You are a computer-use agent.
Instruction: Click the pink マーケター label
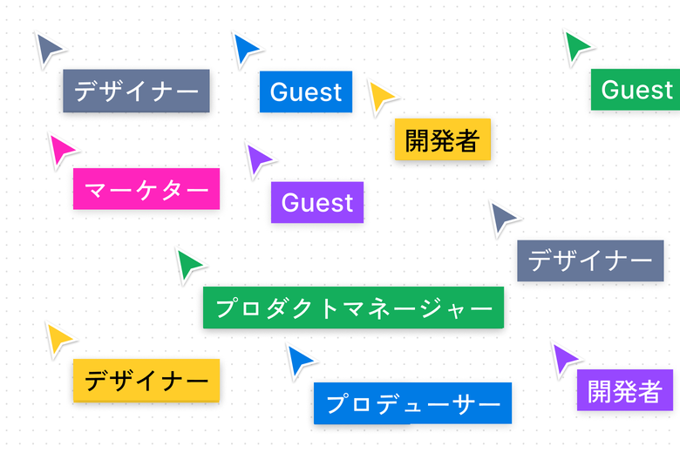click(x=146, y=189)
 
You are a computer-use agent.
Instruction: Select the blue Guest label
click(x=306, y=91)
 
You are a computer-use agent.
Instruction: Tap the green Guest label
click(x=636, y=90)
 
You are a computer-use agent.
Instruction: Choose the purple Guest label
click(x=317, y=202)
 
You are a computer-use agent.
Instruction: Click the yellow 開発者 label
click(x=443, y=139)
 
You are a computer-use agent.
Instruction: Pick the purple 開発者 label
click(x=624, y=390)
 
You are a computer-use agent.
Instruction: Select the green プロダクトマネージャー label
click(x=353, y=308)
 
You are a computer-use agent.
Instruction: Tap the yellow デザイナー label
click(x=146, y=380)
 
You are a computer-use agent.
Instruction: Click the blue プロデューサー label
click(x=412, y=403)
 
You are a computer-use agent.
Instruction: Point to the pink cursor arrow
click(x=61, y=150)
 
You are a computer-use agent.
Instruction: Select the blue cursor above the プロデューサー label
click(x=300, y=360)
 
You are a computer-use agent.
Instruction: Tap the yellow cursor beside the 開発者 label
click(x=381, y=95)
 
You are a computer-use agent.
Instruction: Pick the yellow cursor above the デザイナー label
click(x=58, y=338)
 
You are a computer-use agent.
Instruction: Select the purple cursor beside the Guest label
click(x=258, y=159)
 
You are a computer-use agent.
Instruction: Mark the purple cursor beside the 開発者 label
click(x=564, y=357)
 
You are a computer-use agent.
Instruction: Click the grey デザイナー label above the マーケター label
click(x=136, y=91)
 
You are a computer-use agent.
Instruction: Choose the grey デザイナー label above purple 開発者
click(x=590, y=260)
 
